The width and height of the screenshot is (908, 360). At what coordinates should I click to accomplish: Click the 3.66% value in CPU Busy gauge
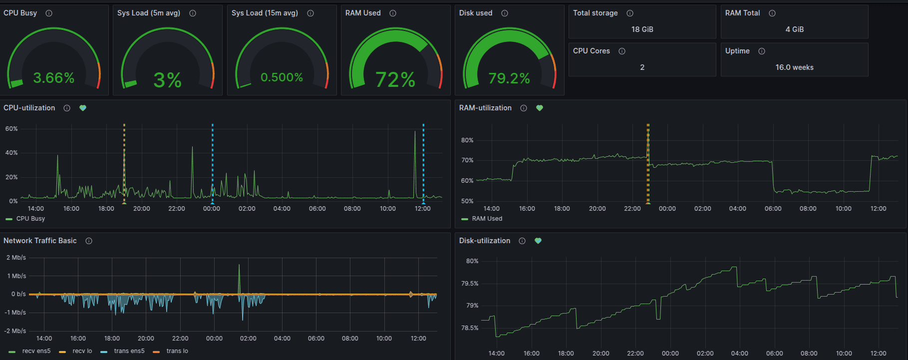click(53, 78)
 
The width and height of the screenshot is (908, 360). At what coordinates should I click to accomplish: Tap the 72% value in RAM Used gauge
click(395, 80)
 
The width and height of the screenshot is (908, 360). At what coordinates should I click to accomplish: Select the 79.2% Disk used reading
click(509, 78)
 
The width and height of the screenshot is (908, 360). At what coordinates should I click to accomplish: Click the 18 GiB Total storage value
click(642, 29)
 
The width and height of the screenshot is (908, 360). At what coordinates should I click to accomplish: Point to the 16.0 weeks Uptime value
click(794, 67)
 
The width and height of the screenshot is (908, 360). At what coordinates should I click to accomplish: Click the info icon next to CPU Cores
click(622, 51)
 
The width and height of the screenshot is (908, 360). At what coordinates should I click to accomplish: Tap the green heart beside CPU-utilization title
click(83, 108)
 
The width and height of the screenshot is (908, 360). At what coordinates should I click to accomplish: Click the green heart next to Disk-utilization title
click(538, 241)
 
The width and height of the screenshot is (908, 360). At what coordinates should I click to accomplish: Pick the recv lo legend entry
click(82, 351)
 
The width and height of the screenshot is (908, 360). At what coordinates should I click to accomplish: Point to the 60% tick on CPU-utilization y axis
click(11, 129)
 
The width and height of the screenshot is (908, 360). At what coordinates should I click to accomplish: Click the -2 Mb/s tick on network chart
click(15, 331)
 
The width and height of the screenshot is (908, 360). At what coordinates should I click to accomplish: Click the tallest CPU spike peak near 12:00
click(415, 131)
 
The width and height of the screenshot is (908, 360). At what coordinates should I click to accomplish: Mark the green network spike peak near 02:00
click(239, 265)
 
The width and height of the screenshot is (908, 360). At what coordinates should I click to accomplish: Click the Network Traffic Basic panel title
click(40, 241)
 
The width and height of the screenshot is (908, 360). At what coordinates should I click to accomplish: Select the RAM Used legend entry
click(487, 219)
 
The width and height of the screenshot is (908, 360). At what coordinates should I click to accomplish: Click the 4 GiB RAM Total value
click(794, 29)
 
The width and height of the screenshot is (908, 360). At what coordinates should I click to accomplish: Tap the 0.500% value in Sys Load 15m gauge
click(282, 77)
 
